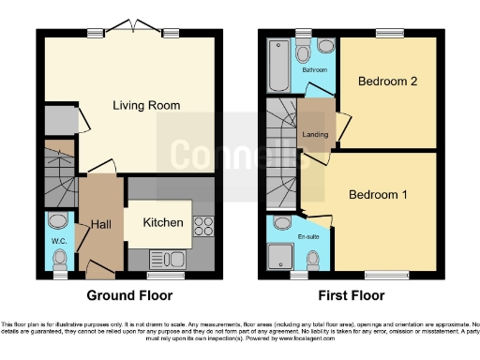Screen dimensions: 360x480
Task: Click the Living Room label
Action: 146,105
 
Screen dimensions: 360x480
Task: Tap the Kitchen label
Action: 162,223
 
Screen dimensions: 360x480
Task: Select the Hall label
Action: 101,225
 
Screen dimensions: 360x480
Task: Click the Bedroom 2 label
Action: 388,82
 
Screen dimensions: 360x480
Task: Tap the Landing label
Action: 313,133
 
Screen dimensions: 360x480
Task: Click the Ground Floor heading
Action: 129,295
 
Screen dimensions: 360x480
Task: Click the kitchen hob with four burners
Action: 202,225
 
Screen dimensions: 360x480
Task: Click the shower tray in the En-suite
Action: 281,258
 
